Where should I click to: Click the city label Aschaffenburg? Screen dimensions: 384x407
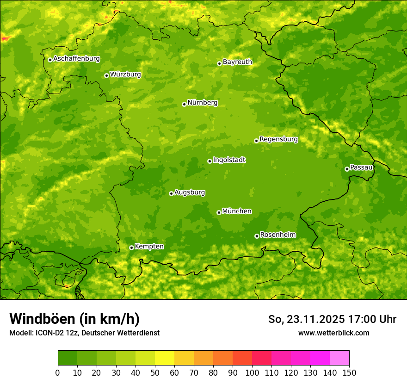click(76, 59)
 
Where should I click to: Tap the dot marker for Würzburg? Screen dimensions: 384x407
click(106, 75)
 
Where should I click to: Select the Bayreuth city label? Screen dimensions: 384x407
click(237, 62)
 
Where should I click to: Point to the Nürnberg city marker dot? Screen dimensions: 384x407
click(184, 104)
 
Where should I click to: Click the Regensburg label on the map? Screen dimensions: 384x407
click(278, 139)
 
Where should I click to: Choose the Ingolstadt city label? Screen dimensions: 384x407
click(229, 160)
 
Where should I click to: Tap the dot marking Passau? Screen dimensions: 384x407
click(347, 169)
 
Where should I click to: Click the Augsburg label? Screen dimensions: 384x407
click(189, 192)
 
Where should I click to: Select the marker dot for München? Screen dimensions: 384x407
click(219, 212)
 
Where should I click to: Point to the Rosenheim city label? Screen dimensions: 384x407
click(277, 235)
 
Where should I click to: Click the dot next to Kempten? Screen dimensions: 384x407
click(131, 248)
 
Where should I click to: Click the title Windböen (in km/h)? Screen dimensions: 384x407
click(74, 319)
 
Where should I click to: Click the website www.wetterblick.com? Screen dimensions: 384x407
click(333, 333)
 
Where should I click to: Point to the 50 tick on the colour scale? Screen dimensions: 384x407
click(155, 373)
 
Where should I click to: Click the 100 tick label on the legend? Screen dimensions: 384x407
click(252, 373)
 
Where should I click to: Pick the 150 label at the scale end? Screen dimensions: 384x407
click(349, 373)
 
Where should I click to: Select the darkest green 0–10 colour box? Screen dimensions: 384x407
click(68, 358)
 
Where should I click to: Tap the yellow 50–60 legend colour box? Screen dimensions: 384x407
click(165, 358)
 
